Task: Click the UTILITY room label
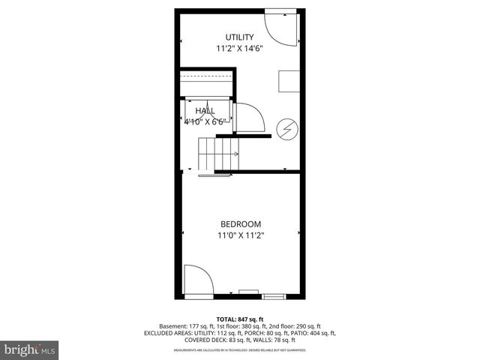[x=240, y=37]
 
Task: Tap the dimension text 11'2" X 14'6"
[x=240, y=49]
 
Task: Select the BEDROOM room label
[x=240, y=223]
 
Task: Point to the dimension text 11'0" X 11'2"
[x=240, y=235]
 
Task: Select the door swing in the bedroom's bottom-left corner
[x=198, y=279]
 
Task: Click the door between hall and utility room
[x=247, y=118]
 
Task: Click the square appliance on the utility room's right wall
[x=289, y=79]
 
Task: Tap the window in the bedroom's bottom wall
[x=249, y=292]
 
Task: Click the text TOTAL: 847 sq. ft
[x=240, y=319]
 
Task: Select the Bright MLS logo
[x=30, y=349]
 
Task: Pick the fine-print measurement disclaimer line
[x=240, y=350]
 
